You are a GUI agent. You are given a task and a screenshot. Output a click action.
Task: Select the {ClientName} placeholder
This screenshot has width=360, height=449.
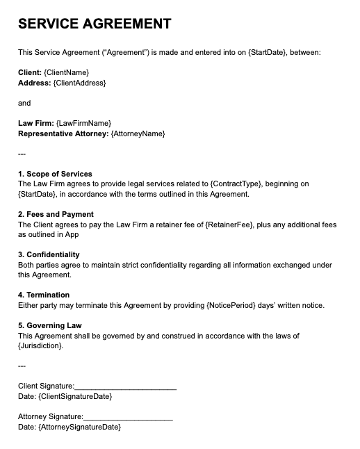coord(66,72)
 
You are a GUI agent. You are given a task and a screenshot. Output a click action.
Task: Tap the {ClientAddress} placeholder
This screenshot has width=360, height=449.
coord(79,83)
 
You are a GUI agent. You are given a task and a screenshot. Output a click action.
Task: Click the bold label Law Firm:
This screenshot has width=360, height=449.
coord(36,123)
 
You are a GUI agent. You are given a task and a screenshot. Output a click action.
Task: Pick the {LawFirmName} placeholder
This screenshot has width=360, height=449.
coord(83,123)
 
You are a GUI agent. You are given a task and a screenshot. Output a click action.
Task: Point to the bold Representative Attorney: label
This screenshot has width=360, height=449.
coord(63,133)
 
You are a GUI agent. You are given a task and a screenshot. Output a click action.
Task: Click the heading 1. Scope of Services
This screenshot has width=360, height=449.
coord(55,174)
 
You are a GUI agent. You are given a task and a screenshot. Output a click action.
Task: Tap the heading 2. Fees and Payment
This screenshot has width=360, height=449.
coord(56,214)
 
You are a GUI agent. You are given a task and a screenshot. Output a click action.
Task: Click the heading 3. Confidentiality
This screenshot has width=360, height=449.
coord(49,254)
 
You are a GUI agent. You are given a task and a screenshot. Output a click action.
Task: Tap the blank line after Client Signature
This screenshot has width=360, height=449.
coord(125,386)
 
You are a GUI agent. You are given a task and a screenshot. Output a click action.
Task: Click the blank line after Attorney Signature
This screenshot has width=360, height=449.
coord(128,417)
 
